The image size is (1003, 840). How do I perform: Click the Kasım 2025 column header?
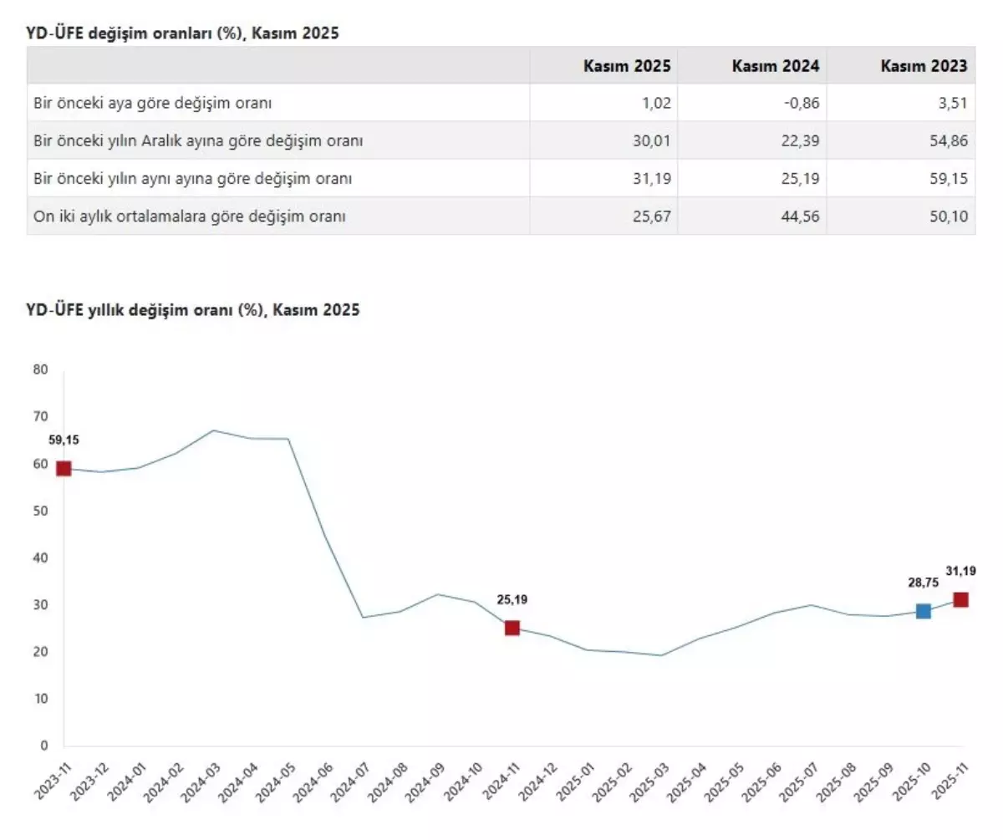coord(627,66)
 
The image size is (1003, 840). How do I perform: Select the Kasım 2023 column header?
coord(924,66)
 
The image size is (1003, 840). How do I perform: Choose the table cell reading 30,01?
coord(653,141)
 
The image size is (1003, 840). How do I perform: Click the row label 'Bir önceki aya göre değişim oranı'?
coord(153,104)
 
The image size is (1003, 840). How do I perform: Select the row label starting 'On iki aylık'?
coord(190,216)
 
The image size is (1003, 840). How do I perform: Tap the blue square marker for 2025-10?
coord(923,611)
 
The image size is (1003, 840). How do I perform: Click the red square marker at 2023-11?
coord(64,468)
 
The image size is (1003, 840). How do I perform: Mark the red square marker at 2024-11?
coord(512,628)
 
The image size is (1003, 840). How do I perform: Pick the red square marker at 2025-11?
coord(960,599)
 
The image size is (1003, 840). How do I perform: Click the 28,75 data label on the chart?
coord(922,583)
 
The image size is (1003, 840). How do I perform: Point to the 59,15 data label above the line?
coord(64,440)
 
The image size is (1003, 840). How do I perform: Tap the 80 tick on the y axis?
coord(40,369)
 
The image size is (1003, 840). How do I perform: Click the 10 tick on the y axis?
coord(40,699)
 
